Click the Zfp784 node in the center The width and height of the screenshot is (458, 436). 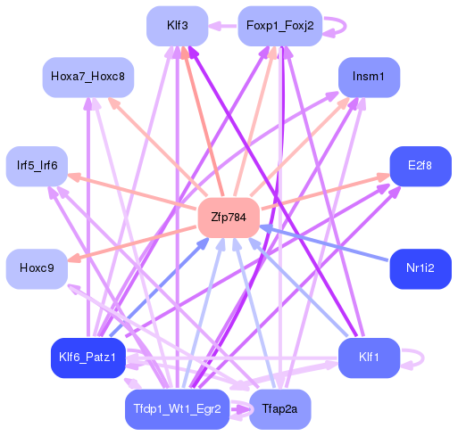pyautogui.click(x=228, y=218)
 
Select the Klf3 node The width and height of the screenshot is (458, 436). pyautogui.click(x=177, y=25)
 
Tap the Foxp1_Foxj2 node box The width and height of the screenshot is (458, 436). pyautogui.click(x=279, y=25)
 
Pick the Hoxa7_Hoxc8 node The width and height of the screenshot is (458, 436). pyautogui.click(x=87, y=78)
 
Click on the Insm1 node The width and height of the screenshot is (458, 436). pyautogui.click(x=369, y=78)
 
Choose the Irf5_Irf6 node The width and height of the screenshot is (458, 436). pyautogui.click(x=37, y=166)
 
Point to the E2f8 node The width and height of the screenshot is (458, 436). pyautogui.click(x=420, y=166)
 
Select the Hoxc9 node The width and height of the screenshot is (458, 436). pyautogui.click(x=37, y=267)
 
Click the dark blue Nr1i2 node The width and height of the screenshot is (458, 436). pyautogui.click(x=420, y=267)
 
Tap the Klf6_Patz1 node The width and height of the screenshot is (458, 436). pyautogui.click(x=87, y=357)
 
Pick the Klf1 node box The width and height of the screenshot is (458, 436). pyautogui.click(x=369, y=357)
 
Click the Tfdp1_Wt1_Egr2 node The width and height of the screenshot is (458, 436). pyautogui.click(x=177, y=409)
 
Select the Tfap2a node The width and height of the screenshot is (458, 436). pyautogui.click(x=279, y=409)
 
